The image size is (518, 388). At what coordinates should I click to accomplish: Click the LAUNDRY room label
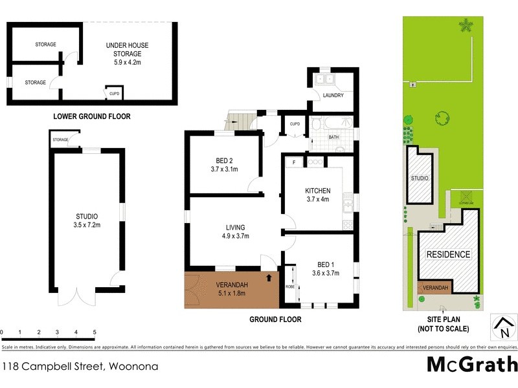[x=333, y=96]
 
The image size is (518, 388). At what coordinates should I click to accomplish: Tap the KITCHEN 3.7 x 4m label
[x=318, y=195]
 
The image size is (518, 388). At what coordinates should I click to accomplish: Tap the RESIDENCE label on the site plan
[x=447, y=254]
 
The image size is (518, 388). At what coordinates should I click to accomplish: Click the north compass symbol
[x=503, y=328]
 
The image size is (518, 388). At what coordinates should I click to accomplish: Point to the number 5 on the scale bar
[x=95, y=332]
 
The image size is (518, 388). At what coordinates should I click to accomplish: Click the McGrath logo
[x=472, y=365]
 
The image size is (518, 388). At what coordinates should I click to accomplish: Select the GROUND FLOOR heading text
[x=275, y=319]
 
